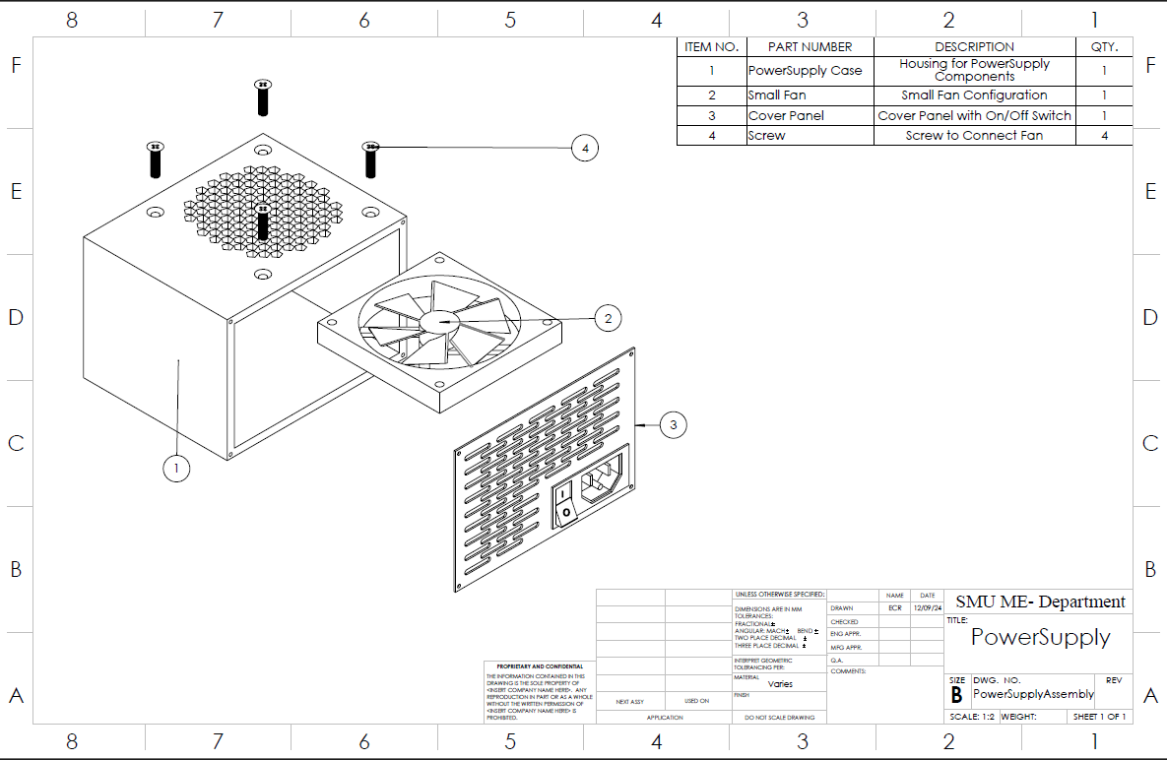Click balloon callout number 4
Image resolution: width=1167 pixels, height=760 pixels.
pos(585,148)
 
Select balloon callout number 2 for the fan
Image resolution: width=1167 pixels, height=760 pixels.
pos(608,317)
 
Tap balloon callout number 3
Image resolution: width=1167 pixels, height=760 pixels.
pos(673,424)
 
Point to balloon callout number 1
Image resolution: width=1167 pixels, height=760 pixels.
pos(176,469)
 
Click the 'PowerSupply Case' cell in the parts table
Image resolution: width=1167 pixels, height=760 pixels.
pos(805,71)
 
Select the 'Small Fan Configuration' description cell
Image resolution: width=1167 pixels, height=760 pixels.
pos(974,95)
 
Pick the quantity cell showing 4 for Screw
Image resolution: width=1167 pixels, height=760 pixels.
pos(1104,136)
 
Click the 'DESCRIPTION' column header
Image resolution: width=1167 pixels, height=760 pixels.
pos(974,46)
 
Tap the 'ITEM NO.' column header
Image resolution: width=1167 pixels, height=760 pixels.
pos(711,46)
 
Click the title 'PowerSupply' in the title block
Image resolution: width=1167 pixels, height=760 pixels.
pos(1040,637)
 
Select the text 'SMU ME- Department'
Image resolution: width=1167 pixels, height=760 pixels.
pos(1040,602)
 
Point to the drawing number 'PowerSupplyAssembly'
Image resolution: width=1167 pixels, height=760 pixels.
pos(1033,694)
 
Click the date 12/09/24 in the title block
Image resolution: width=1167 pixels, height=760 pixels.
pos(927,608)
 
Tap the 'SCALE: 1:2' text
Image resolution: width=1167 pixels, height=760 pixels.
pos(971,717)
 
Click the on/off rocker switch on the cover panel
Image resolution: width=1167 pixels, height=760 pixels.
pos(566,500)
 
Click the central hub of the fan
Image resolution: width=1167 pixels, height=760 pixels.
pos(436,321)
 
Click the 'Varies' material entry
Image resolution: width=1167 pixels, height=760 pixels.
pos(779,683)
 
